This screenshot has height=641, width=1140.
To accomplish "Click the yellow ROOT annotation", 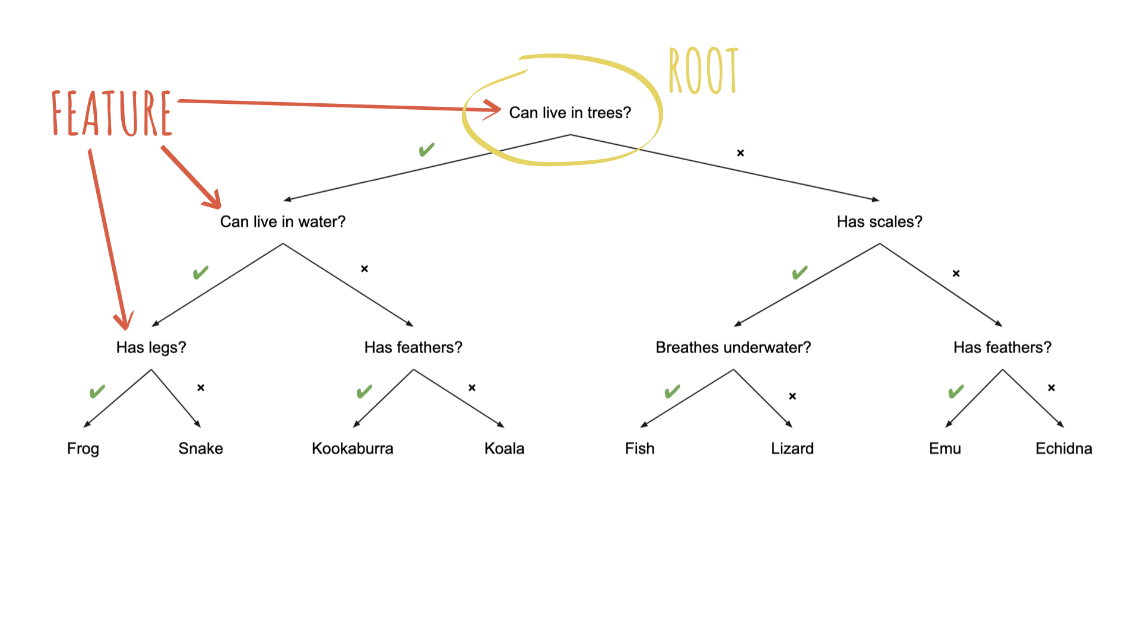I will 703,71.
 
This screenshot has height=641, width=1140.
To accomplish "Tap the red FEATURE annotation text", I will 112,113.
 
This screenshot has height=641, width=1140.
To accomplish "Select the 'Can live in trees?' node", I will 570,113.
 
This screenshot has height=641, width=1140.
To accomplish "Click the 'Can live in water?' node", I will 283,222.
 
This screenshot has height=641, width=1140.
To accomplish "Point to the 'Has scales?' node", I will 879,222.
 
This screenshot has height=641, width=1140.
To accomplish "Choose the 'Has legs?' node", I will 151,347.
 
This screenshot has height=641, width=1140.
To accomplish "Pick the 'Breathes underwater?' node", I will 733,347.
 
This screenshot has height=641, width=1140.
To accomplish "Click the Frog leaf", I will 83,449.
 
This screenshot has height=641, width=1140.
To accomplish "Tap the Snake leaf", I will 201,449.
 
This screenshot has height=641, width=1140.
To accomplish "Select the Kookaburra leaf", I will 352,449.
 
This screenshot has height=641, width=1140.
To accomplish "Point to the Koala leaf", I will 504,449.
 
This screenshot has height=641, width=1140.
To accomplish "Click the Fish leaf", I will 639,449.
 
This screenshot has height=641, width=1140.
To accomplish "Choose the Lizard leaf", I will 792,449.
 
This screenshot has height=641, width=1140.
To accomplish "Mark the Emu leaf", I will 945,449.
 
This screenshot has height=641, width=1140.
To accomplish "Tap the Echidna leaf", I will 1063,449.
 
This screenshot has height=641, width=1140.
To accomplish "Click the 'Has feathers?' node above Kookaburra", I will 413,347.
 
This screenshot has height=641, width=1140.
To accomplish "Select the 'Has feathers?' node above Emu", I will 1002,347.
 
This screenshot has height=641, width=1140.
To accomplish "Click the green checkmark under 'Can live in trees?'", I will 426,150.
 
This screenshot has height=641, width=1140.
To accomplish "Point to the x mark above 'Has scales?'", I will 740,153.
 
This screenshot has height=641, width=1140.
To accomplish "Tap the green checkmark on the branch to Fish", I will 672,392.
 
